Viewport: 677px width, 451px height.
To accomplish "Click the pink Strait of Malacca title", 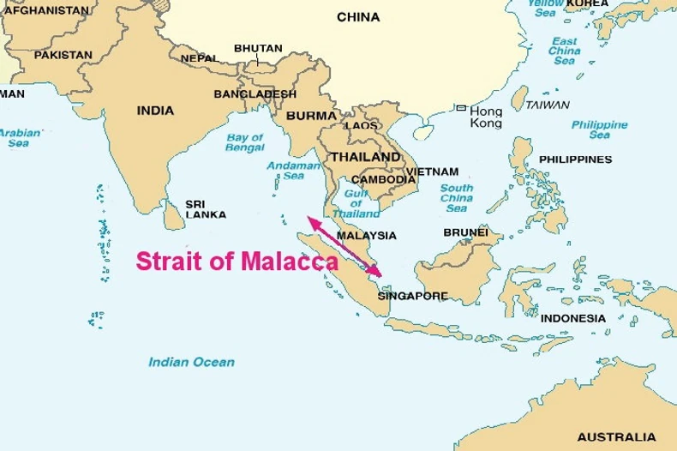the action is click(237, 262).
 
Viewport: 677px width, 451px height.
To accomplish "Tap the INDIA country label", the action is click(155, 111).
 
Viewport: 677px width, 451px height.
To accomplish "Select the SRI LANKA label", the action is click(206, 210).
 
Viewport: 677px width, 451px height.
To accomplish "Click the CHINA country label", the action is click(358, 16).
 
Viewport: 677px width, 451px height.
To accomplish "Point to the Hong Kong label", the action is click(486, 117).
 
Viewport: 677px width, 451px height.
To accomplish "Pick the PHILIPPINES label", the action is click(575, 159).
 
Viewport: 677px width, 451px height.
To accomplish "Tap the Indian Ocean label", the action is click(191, 362).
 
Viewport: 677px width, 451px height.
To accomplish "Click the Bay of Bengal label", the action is click(244, 142).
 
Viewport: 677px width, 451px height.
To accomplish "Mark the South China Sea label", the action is click(456, 198).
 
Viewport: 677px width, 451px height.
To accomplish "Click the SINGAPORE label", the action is click(413, 296).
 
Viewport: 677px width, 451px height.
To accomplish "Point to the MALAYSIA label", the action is click(367, 235).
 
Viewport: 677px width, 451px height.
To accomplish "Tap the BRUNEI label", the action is click(465, 232).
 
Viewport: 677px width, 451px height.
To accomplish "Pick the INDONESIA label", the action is click(573, 318).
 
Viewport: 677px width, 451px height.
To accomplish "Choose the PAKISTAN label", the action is click(63, 55).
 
